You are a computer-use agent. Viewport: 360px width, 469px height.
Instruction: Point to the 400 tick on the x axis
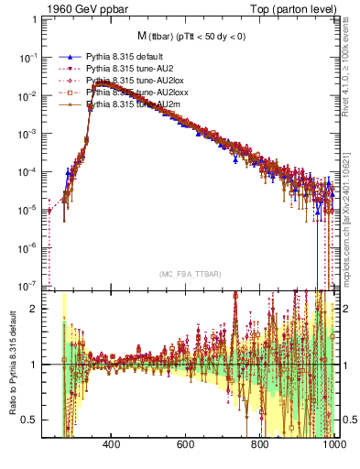[112, 446]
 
